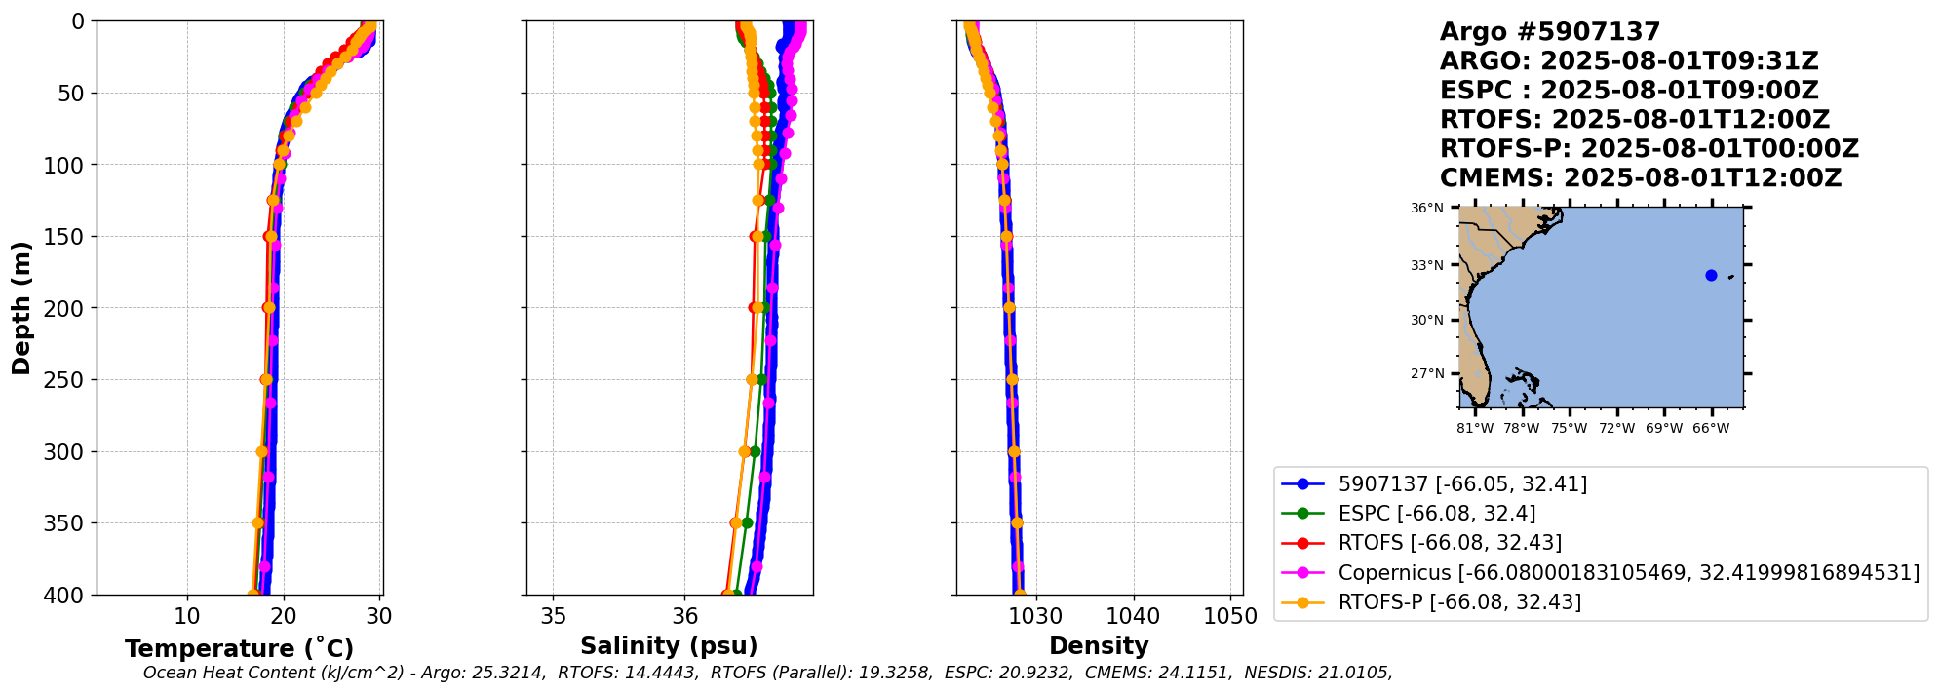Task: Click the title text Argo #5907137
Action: (x=1549, y=32)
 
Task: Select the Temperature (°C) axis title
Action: (x=239, y=649)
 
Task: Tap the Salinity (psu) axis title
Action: (x=669, y=646)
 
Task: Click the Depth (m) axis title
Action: (x=21, y=308)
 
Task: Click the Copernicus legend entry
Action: (x=1628, y=572)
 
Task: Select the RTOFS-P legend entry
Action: (x=1458, y=601)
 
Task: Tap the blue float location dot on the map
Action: (x=1711, y=276)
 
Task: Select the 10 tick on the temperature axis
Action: (x=187, y=616)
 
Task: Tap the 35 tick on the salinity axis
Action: (x=553, y=616)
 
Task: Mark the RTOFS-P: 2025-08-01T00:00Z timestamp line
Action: (x=1649, y=149)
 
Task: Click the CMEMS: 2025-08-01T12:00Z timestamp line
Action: (x=1641, y=178)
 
